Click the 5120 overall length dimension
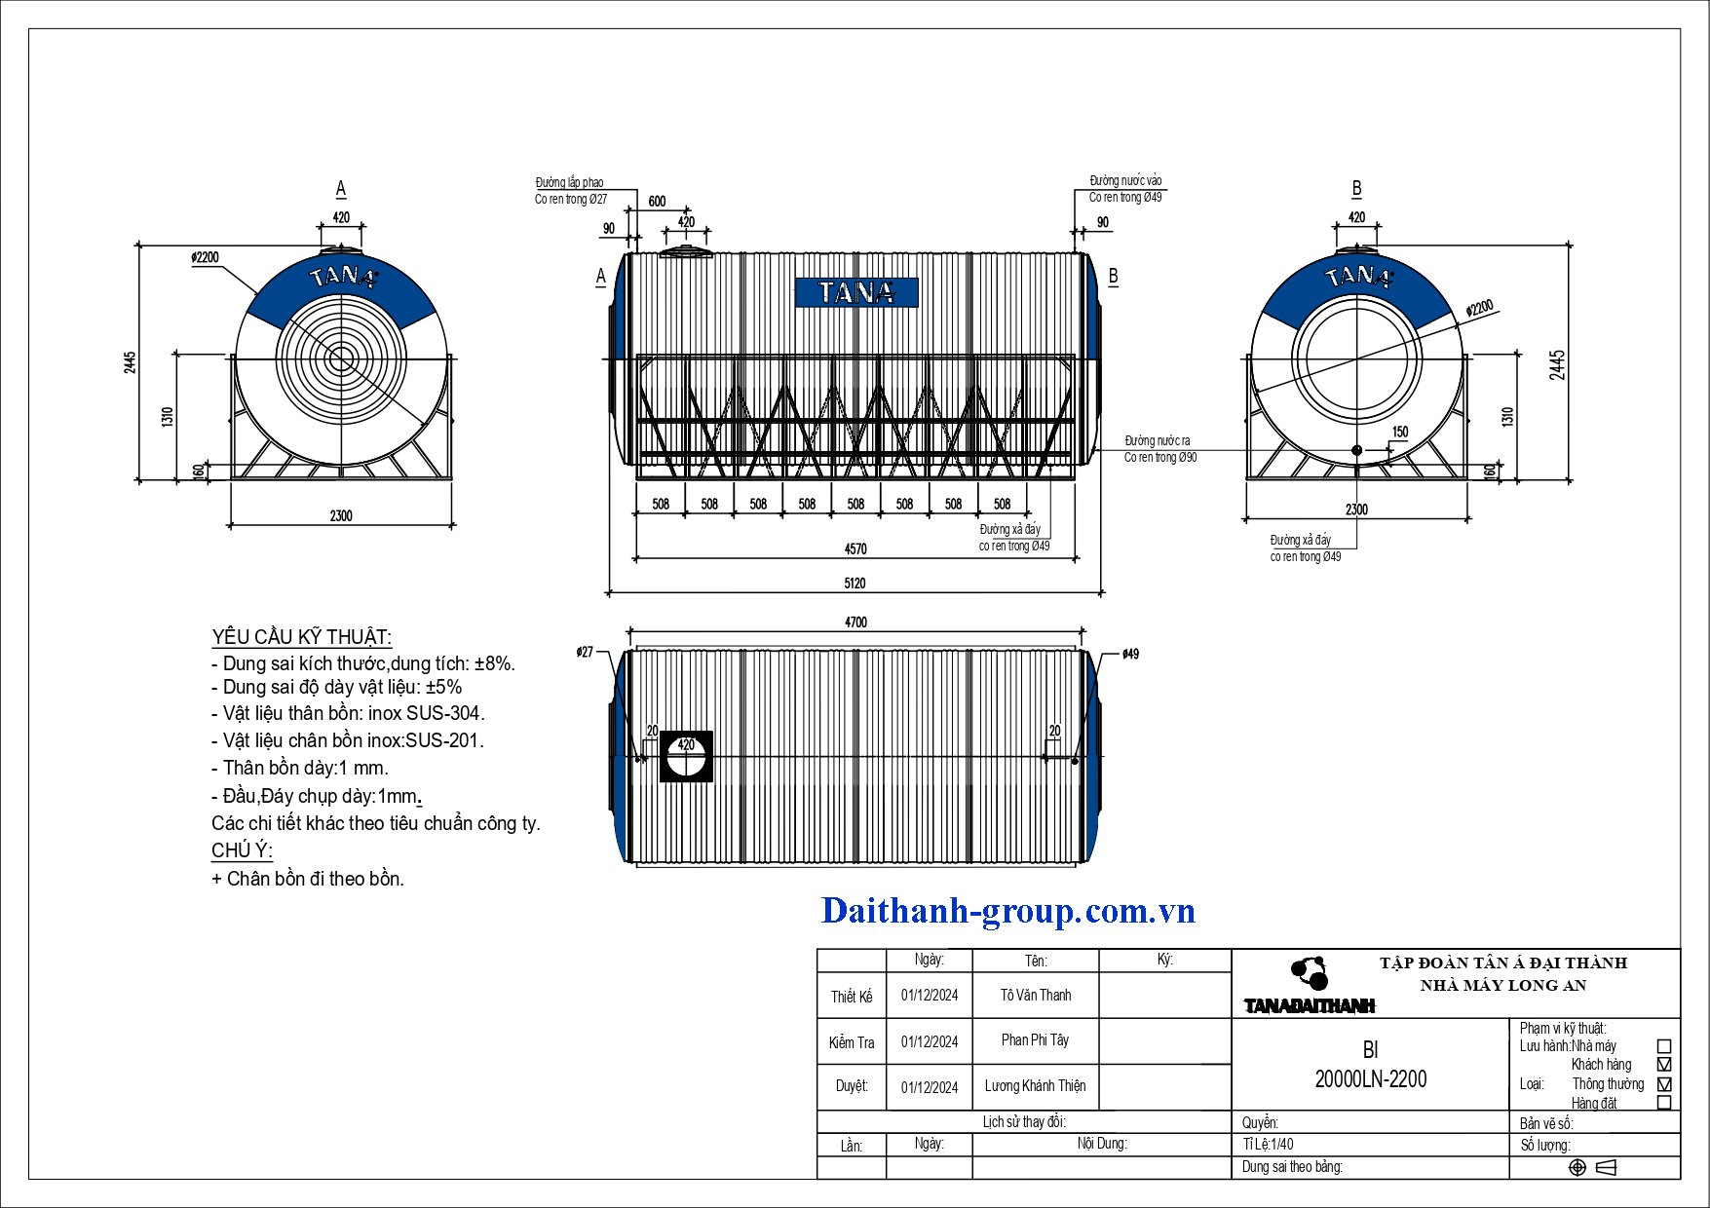tap(855, 583)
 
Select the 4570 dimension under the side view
tap(855, 549)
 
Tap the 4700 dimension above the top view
tap(855, 623)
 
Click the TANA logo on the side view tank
tap(856, 292)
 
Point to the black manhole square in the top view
tap(686, 756)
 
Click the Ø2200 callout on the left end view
tap(205, 257)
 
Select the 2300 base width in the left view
tap(341, 515)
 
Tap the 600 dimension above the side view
tap(658, 202)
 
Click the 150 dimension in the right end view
tap(1400, 432)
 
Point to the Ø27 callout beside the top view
tap(585, 652)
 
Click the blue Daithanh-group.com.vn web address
tap(1008, 911)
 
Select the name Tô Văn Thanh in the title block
tap(1036, 995)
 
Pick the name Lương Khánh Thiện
tap(1035, 1085)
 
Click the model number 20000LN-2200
tap(1371, 1079)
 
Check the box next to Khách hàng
tap(1664, 1065)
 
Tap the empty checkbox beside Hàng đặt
tap(1664, 1103)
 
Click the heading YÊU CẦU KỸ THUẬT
tap(301, 637)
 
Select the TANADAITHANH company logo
tap(1310, 986)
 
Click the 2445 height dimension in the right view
tap(1558, 364)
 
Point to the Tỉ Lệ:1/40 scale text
tap(1269, 1144)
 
